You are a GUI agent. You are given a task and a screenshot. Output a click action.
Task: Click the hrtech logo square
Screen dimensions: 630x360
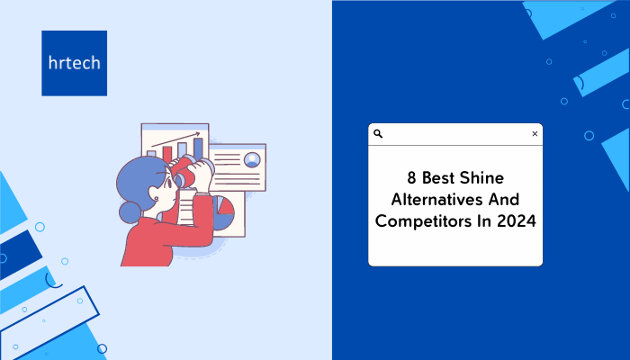(x=75, y=63)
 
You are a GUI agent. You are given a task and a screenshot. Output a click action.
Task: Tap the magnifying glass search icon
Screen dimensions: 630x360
(x=378, y=134)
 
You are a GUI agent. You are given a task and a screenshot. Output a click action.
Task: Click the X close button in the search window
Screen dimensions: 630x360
(x=535, y=134)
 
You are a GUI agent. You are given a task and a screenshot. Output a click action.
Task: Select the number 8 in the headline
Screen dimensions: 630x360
(x=411, y=178)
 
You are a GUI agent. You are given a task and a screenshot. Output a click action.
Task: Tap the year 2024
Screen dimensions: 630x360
(x=517, y=221)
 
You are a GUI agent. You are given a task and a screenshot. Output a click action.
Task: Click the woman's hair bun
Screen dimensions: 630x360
(x=130, y=212)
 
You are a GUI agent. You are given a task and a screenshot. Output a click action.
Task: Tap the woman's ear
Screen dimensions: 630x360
(x=155, y=197)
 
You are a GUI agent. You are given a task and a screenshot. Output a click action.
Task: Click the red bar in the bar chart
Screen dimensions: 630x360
(x=167, y=154)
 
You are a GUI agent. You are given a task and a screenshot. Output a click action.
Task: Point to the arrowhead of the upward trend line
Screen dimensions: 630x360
(x=197, y=134)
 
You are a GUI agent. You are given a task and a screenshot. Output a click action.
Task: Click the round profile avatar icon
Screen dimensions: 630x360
(x=252, y=159)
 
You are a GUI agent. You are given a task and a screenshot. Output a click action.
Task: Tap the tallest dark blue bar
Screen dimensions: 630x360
(x=198, y=148)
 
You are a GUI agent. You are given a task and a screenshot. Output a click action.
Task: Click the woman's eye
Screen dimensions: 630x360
(x=170, y=184)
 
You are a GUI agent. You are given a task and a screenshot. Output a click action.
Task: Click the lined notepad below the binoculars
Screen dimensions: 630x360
(x=186, y=207)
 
